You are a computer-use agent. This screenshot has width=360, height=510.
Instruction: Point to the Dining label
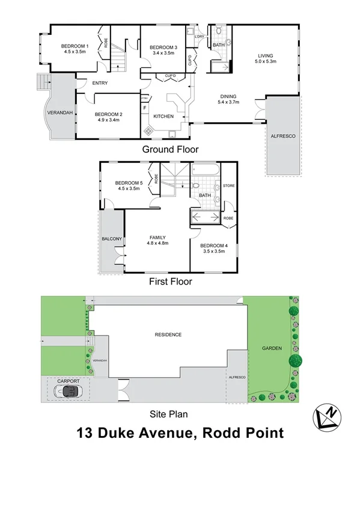point(228,96)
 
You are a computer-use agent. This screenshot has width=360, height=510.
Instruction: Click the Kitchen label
point(163,116)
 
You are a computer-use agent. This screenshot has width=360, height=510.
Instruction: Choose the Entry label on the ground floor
point(100,83)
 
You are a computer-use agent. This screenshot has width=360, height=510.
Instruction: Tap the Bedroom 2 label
point(108,114)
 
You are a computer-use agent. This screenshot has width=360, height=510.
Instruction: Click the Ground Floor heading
point(170,149)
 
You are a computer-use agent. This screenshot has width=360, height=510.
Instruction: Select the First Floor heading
point(170,280)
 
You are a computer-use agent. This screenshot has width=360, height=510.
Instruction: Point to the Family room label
point(157,237)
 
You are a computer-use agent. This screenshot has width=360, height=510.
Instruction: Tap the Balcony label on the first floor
point(112,239)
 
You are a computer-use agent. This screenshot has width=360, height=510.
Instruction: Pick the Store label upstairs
point(228,186)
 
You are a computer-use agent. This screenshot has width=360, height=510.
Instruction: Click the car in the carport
point(68,392)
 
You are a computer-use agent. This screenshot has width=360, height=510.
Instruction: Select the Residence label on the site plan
point(168,334)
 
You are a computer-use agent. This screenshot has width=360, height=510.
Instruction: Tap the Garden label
point(272,348)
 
